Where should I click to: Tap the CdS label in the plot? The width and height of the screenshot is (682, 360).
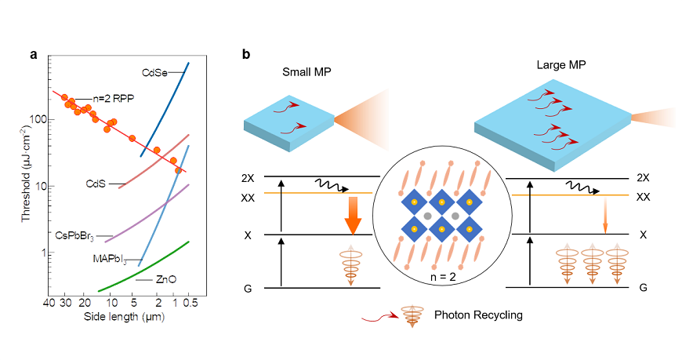click(x=96, y=184)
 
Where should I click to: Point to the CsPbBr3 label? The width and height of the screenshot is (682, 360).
click(x=75, y=235)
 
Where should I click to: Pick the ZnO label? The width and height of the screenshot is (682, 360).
click(x=165, y=278)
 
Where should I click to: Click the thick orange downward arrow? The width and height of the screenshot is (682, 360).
click(x=350, y=215)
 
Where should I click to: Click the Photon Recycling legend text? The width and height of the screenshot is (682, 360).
click(x=478, y=316)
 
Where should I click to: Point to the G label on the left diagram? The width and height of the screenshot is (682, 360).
click(x=248, y=289)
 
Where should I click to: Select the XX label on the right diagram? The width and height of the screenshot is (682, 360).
click(x=643, y=197)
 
